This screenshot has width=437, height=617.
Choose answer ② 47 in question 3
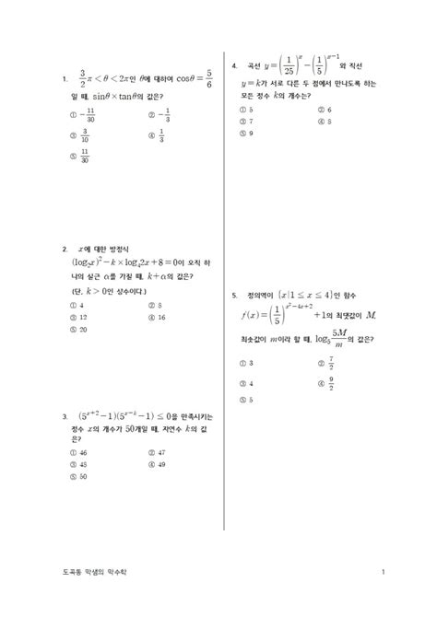click(x=156, y=453)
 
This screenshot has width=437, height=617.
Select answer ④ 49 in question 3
click(x=156, y=465)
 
